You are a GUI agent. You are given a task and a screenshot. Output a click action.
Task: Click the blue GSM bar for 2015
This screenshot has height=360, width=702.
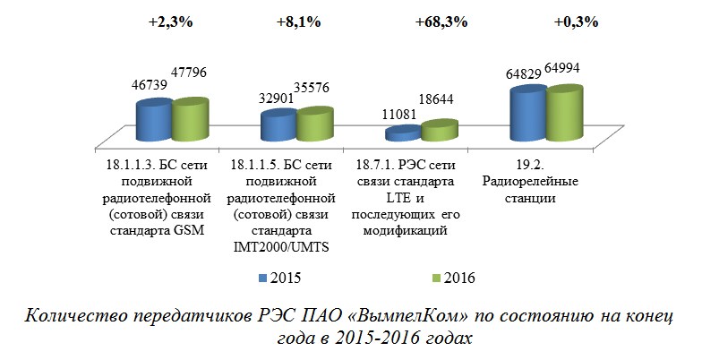click(153, 121)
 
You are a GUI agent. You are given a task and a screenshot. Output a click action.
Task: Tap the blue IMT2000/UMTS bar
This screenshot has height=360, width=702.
click(278, 127)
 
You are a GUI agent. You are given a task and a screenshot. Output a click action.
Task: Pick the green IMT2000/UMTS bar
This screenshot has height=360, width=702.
click(314, 125)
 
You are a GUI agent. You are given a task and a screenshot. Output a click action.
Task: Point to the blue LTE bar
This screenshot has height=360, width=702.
click(402, 134)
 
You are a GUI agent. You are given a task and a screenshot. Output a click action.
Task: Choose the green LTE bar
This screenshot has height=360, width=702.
click(438, 131)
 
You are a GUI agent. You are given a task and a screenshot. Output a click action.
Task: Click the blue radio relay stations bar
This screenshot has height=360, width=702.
click(527, 113)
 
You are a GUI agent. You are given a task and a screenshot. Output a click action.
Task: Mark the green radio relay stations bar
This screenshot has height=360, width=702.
click(563, 113)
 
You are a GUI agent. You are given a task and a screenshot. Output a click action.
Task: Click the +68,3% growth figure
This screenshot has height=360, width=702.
click(441, 21)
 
